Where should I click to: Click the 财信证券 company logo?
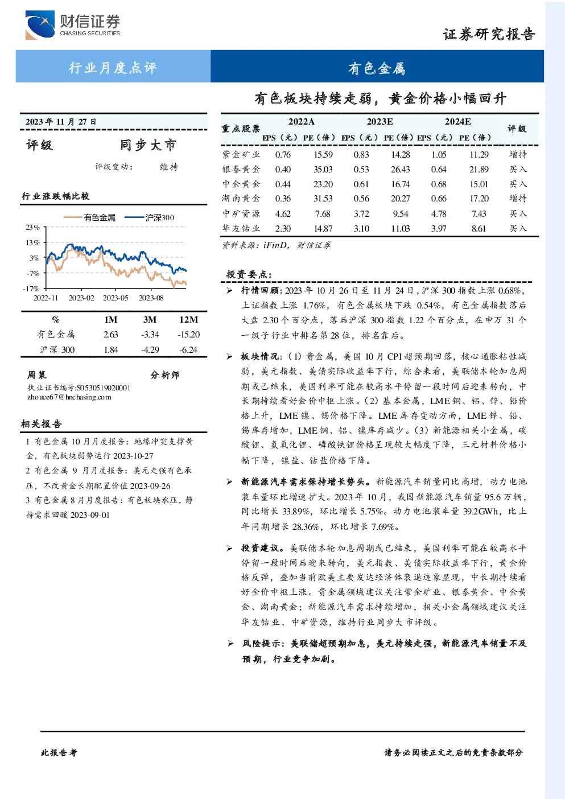click(73, 24)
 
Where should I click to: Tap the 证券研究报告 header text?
click(489, 34)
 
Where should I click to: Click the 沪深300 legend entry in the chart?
click(150, 217)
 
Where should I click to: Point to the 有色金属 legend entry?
click(89, 217)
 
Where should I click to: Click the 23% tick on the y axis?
click(32, 227)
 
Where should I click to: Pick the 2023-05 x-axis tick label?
click(116, 298)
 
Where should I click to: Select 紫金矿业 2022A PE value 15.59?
click(323, 155)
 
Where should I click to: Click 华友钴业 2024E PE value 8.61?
click(479, 229)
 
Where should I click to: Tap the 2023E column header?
click(380, 122)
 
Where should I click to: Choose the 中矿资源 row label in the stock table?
click(241, 213)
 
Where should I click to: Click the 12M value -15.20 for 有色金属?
click(189, 335)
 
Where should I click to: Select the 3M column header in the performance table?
click(150, 320)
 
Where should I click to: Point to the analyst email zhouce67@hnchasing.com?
click(69, 397)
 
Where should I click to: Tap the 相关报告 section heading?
click(41, 424)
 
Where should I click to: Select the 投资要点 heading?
click(249, 274)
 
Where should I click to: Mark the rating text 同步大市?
click(148, 145)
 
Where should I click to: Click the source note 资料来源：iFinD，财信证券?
click(276, 245)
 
